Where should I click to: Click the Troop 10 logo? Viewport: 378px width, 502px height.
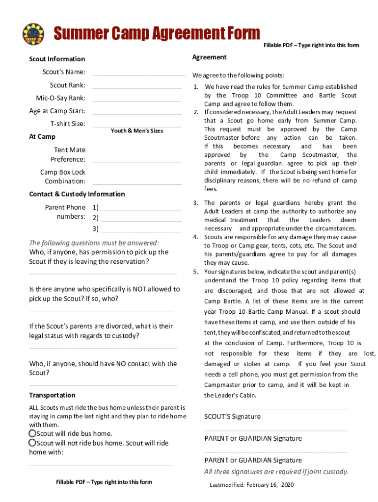(33, 34)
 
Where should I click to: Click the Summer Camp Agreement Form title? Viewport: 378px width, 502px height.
(157, 34)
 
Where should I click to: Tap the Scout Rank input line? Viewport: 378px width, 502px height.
(138, 85)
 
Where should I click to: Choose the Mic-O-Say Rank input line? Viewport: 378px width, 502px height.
(138, 98)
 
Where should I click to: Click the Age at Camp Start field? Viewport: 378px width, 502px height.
(138, 111)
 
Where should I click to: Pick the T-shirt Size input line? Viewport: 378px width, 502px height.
(138, 124)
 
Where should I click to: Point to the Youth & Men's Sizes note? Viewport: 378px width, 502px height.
(137, 131)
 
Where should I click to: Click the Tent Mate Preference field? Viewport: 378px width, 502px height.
(136, 159)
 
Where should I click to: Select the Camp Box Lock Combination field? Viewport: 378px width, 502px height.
(136, 181)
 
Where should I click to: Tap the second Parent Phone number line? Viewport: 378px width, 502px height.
(140, 218)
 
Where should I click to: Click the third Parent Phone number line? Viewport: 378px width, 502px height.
(140, 229)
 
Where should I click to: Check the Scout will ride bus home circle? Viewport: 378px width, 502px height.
(32, 433)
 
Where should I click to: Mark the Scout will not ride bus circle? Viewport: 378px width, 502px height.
(32, 443)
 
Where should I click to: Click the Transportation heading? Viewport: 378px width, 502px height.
(52, 395)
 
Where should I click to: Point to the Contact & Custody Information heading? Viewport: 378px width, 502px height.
(77, 194)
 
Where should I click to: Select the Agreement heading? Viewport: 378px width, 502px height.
(209, 57)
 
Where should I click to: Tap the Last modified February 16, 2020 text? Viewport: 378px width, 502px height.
(251, 485)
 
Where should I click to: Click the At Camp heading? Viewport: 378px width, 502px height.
(42, 137)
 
